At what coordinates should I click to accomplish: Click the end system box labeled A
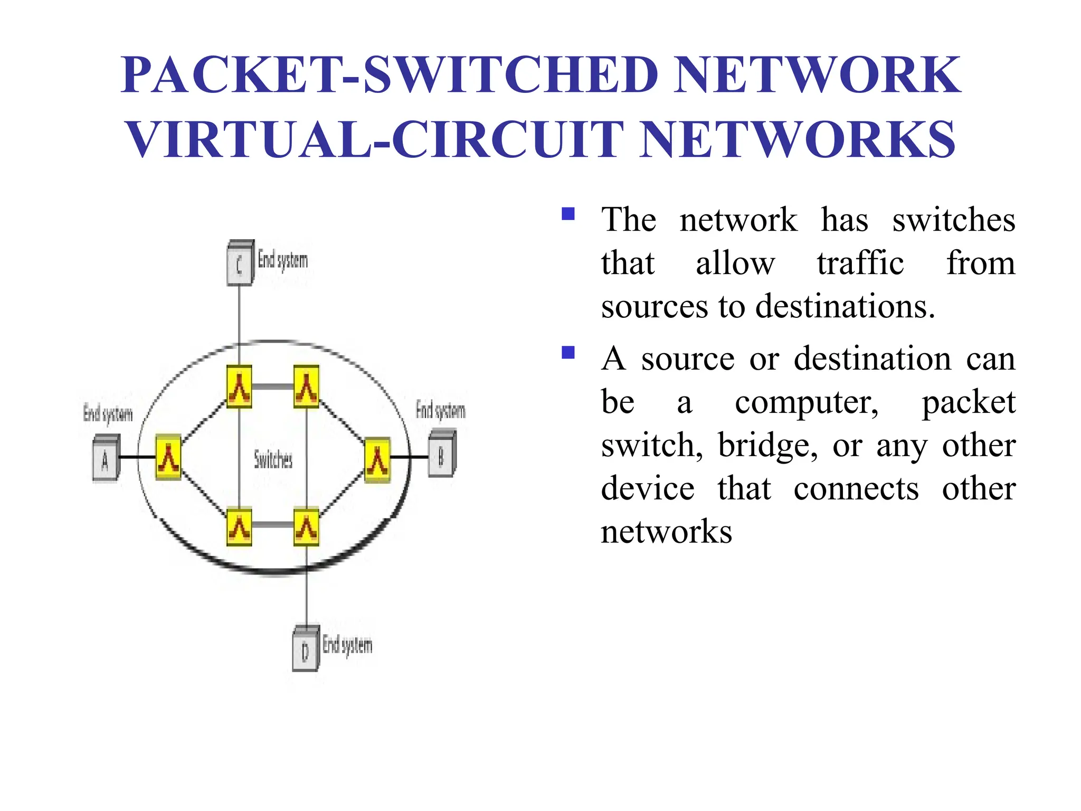click(x=106, y=458)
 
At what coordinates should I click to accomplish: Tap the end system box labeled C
click(x=240, y=263)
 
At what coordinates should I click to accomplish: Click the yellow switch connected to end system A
click(x=168, y=457)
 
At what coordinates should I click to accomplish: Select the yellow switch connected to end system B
click(x=377, y=460)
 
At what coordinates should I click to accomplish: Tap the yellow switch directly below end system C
click(x=239, y=386)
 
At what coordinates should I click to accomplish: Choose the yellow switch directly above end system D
click(x=306, y=526)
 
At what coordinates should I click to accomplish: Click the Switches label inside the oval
click(x=273, y=459)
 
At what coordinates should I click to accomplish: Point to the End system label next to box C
click(x=282, y=260)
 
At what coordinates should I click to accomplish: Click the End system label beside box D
click(x=347, y=645)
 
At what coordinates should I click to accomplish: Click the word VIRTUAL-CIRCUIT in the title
click(x=375, y=139)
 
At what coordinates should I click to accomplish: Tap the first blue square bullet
click(x=568, y=214)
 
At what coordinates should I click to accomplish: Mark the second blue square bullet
click(x=568, y=352)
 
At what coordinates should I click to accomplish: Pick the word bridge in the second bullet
click(x=767, y=445)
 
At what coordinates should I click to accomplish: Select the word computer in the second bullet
click(x=807, y=402)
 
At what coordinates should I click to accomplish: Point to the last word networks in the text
click(x=666, y=532)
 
